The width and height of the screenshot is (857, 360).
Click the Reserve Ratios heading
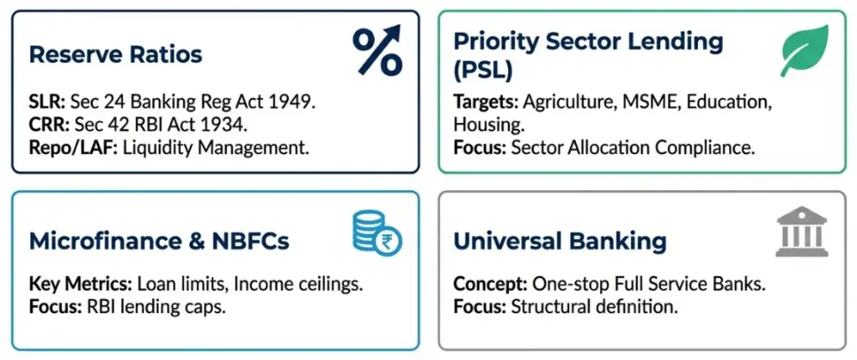click(x=115, y=55)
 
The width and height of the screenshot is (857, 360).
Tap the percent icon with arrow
click(x=377, y=50)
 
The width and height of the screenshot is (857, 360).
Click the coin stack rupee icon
click(x=377, y=232)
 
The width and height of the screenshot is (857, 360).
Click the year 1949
click(x=299, y=104)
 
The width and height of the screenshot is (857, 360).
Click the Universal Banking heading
click(x=560, y=242)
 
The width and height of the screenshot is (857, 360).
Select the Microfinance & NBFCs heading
click(x=159, y=242)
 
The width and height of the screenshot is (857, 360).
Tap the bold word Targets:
click(x=486, y=102)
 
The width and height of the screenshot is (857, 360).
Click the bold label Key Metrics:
click(x=76, y=284)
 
